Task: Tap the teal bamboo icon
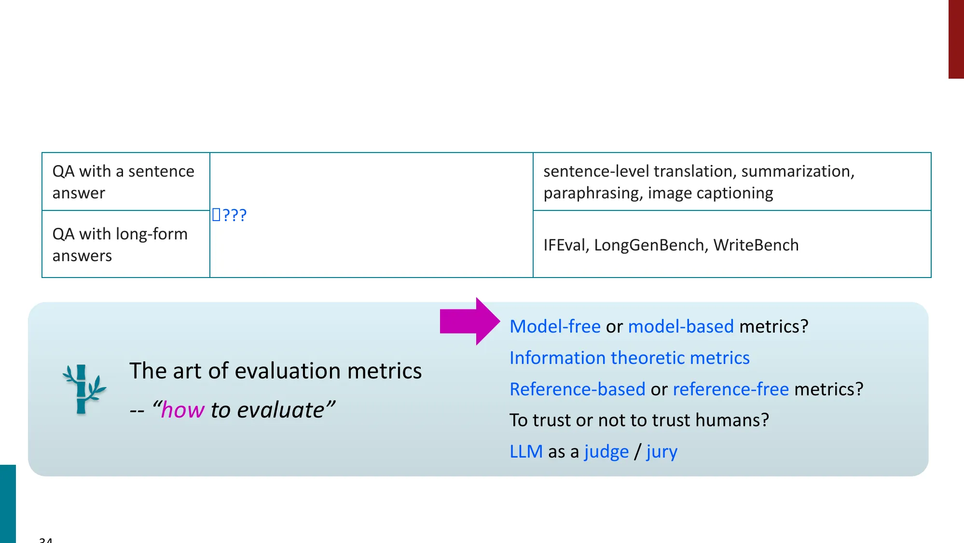(x=83, y=389)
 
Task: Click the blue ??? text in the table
(x=230, y=215)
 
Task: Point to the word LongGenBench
(x=648, y=245)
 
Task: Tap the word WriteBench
(x=756, y=245)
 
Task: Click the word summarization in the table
(x=797, y=171)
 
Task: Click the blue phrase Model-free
(x=555, y=327)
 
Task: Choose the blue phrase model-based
(x=681, y=327)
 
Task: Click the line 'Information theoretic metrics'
(x=629, y=358)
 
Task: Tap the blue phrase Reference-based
(x=577, y=389)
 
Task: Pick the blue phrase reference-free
(x=730, y=389)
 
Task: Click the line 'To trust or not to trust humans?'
(x=639, y=420)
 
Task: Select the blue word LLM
(x=526, y=452)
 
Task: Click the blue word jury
(x=661, y=452)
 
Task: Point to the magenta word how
(x=182, y=410)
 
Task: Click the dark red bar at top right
(x=956, y=39)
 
